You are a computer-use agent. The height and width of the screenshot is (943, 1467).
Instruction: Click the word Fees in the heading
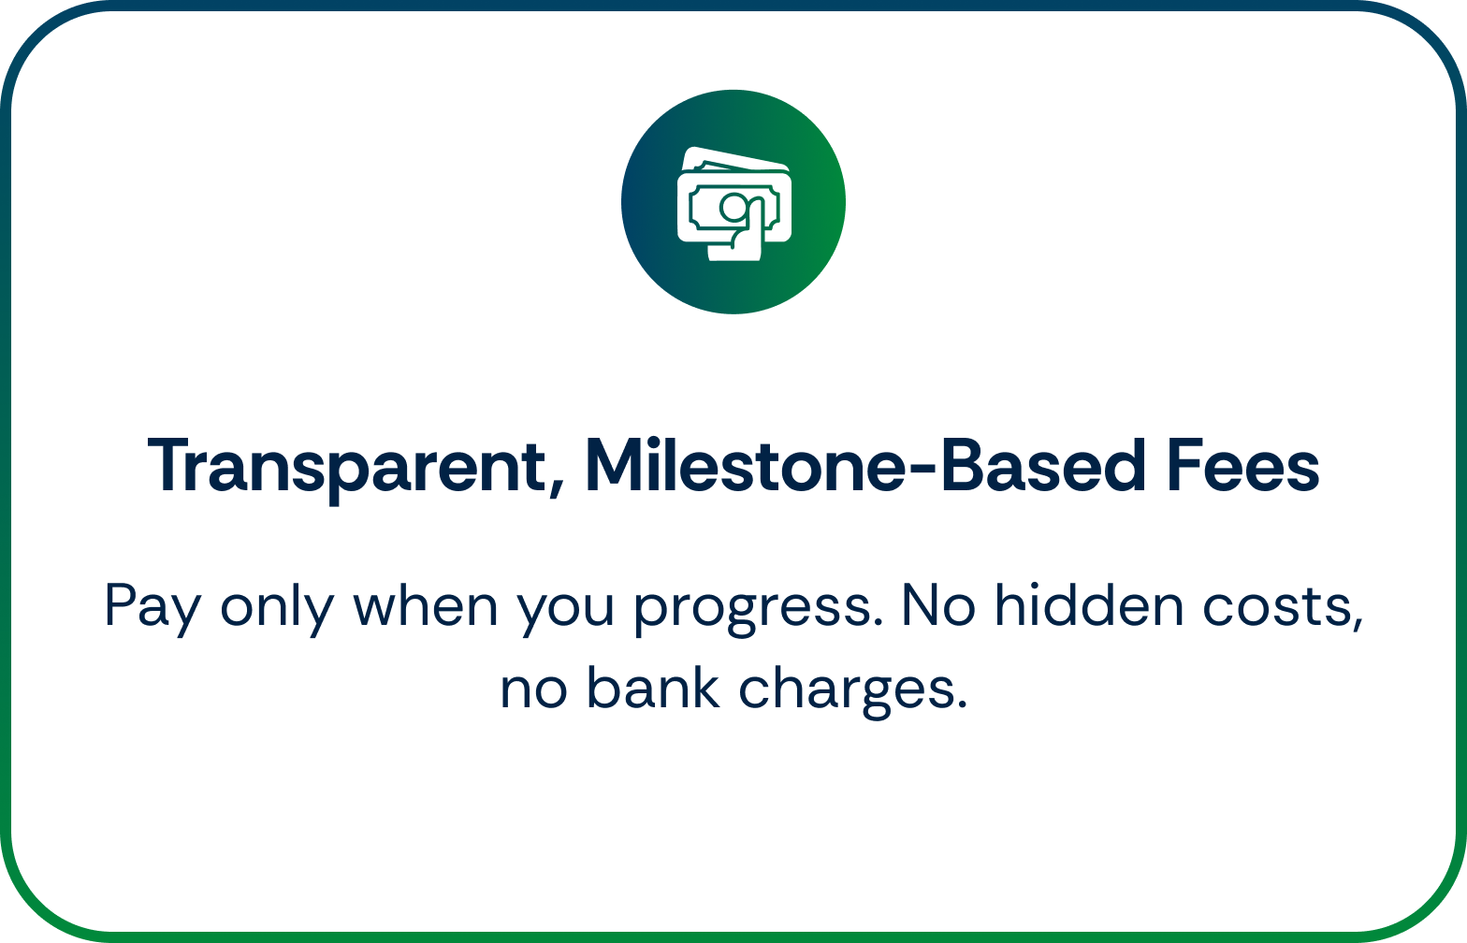[x=1242, y=465]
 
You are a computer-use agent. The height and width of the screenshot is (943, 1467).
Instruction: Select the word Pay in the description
[x=153, y=609]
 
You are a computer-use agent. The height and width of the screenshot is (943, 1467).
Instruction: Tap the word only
[x=278, y=609]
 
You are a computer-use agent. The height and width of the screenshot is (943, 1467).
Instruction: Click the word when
[x=426, y=606]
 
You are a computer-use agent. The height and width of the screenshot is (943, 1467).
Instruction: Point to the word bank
[x=653, y=687]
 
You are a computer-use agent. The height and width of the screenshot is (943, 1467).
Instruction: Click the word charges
[x=846, y=691]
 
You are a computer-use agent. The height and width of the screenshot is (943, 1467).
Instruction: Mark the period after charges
[x=962, y=705]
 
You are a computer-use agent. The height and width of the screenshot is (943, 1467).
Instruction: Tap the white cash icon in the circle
[x=734, y=204]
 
